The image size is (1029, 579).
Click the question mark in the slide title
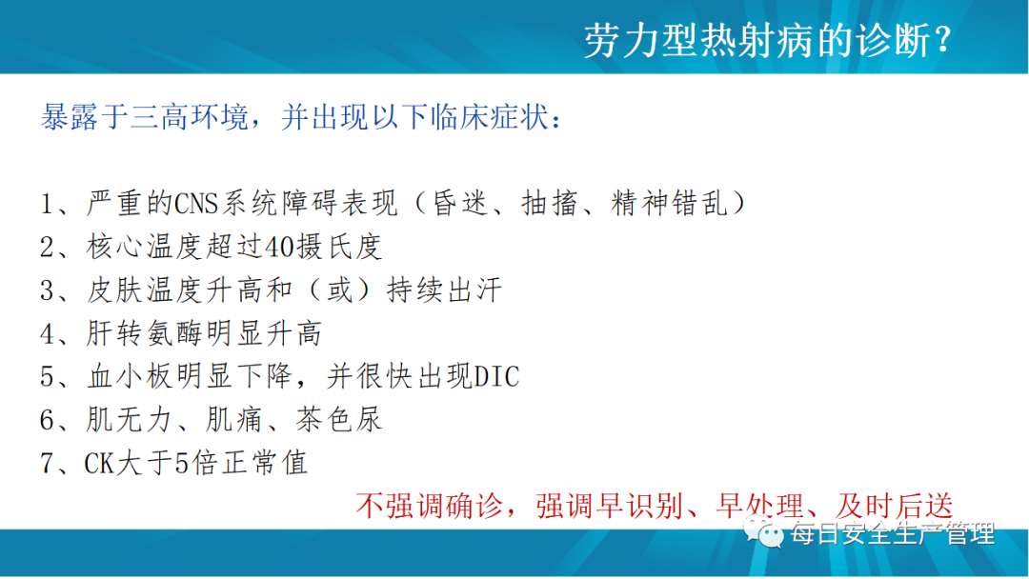[x=943, y=41]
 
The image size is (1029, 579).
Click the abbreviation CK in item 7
[x=100, y=464]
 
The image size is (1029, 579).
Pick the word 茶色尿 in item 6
[x=338, y=420]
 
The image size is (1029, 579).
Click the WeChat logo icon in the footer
[x=763, y=531]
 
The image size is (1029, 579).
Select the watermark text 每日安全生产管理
[x=893, y=533]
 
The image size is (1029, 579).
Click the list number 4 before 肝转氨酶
[x=48, y=333]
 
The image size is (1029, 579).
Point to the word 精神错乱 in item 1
[x=670, y=203]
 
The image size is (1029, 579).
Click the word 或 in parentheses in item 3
[x=340, y=290]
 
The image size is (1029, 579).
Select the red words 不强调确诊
[x=429, y=507]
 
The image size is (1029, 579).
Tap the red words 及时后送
[x=894, y=507]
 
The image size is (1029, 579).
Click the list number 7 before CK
[x=48, y=464]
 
